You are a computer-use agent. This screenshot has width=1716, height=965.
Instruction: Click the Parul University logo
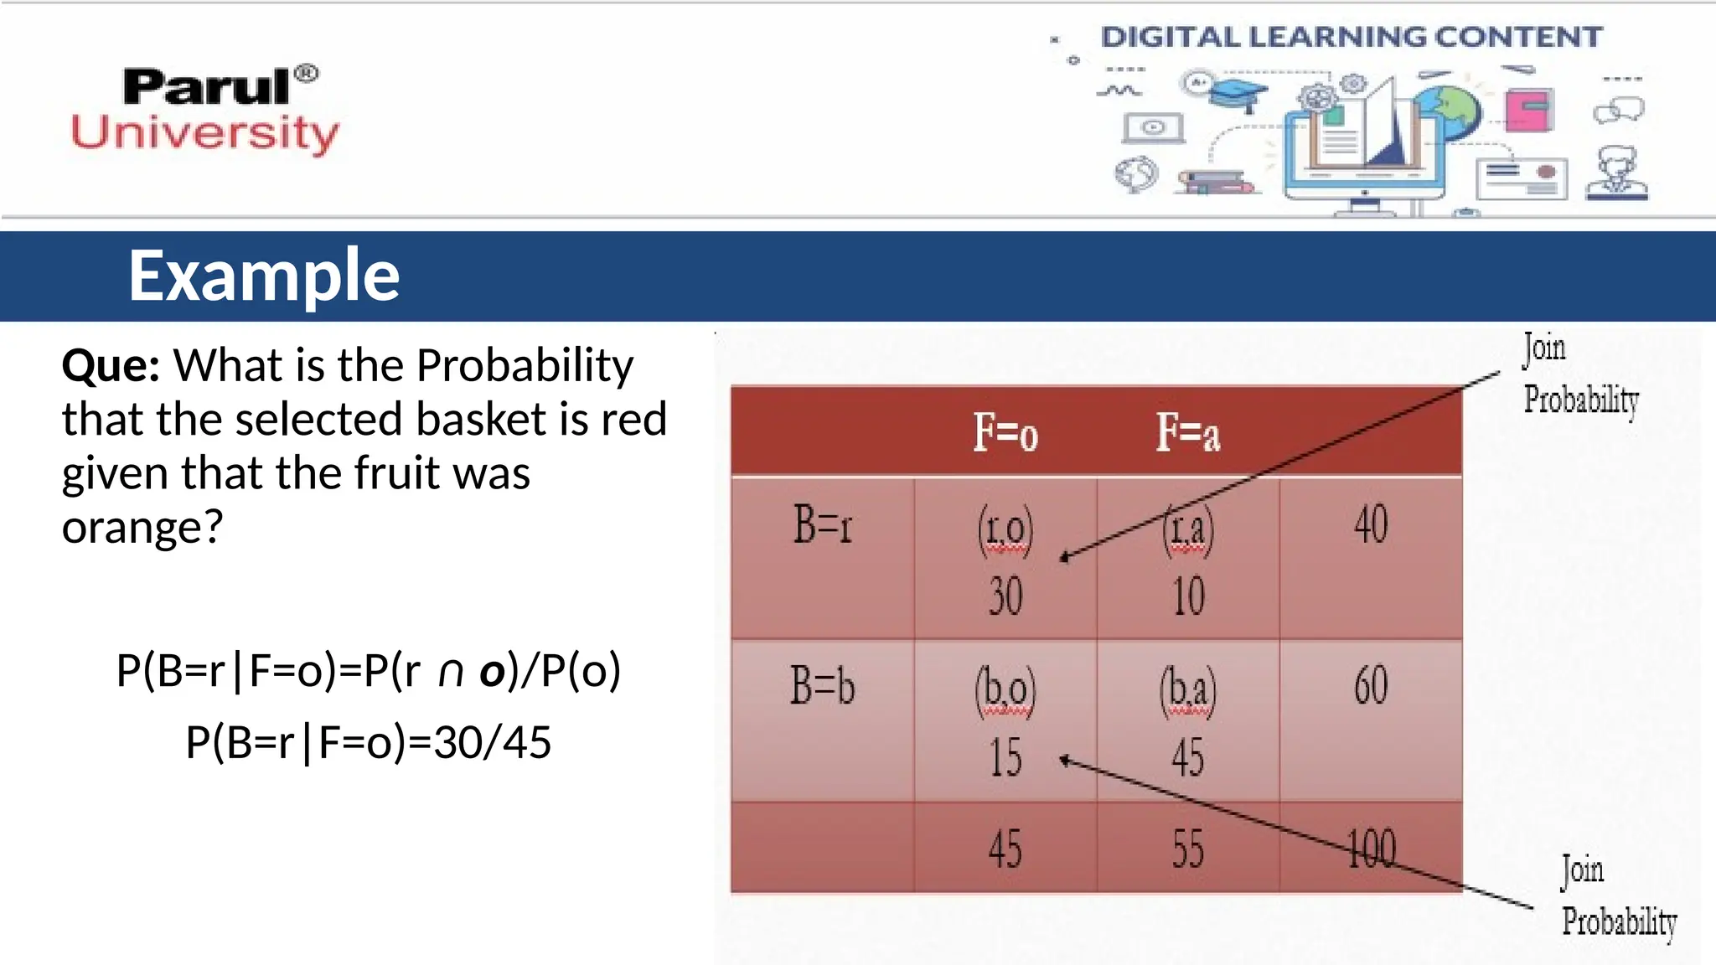[205, 109]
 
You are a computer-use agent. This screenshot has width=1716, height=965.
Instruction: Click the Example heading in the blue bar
[264, 276]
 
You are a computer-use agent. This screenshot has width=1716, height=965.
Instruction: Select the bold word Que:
[111, 365]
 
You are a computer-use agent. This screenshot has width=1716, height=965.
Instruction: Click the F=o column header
[1005, 433]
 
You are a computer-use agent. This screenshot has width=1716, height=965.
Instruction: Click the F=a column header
[1187, 433]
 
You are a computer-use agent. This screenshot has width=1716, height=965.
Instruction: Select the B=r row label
[822, 525]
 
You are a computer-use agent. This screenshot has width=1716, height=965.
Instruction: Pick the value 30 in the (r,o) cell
[1005, 596]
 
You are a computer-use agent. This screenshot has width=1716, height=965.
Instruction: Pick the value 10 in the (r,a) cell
[1188, 596]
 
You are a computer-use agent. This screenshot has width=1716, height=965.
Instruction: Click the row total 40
[1371, 525]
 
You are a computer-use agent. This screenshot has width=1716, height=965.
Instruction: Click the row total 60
[1371, 685]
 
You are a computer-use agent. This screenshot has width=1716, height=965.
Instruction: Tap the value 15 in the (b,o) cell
[1005, 757]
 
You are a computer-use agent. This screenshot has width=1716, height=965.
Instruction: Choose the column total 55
[1188, 849]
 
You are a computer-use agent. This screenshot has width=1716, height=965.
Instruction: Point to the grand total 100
[1371, 849]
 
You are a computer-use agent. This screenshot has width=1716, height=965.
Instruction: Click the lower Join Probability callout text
[1618, 896]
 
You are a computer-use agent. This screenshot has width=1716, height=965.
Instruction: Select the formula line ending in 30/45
[368, 742]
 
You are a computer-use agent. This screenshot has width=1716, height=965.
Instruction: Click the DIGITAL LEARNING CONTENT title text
[1351, 37]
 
